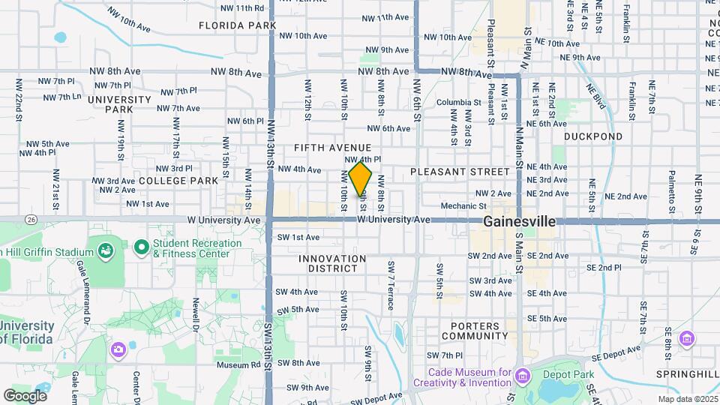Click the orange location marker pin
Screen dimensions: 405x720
point(360,180)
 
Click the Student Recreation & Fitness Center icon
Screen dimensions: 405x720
point(141,247)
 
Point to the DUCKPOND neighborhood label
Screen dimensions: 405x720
point(593,136)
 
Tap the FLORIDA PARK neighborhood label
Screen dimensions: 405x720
point(238,25)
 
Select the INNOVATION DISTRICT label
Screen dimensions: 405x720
point(332,263)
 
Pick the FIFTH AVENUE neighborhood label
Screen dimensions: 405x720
point(333,147)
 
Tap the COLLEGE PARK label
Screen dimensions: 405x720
point(178,181)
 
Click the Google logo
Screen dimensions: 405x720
point(25,395)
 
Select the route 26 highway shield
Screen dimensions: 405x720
point(31,220)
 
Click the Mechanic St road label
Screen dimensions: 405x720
point(460,205)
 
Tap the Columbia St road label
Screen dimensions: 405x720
point(458,103)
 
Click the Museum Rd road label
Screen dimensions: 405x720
point(238,365)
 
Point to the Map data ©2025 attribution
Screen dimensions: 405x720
point(686,399)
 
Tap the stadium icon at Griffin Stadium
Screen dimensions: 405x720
point(105,248)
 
